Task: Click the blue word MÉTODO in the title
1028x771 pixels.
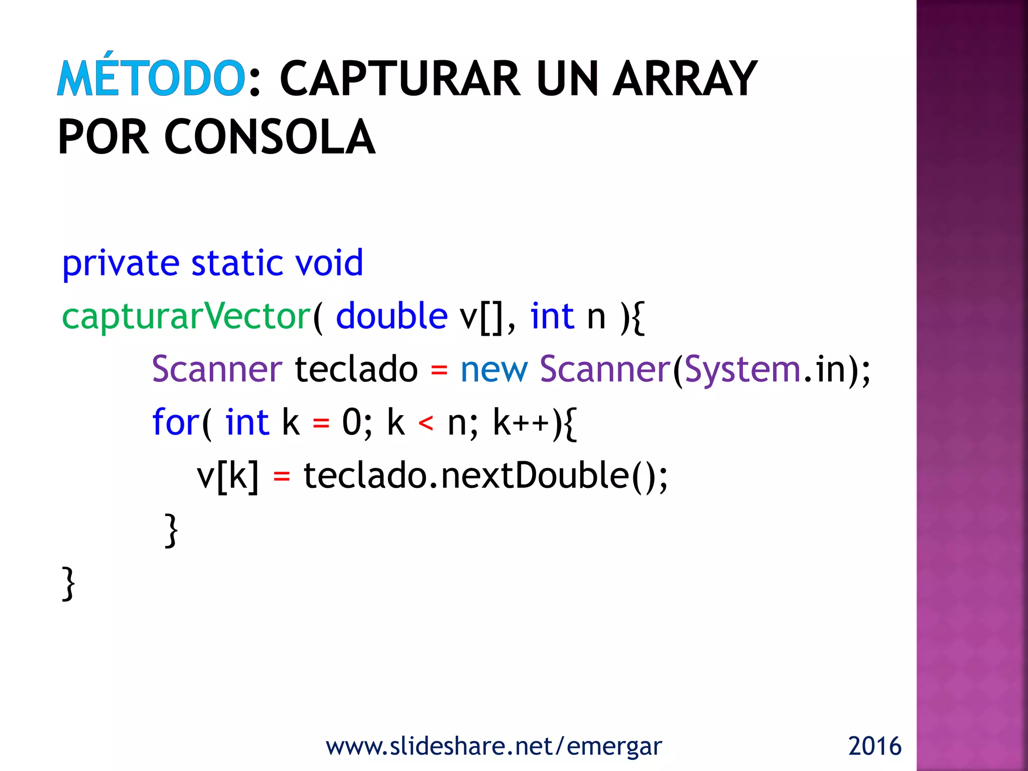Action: pyautogui.click(x=151, y=78)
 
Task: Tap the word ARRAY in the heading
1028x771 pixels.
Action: pyautogui.click(x=685, y=79)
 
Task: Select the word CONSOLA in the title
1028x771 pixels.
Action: pyautogui.click(x=270, y=137)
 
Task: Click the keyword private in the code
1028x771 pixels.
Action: pyautogui.click(x=120, y=264)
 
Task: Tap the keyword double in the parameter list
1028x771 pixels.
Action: pyautogui.click(x=392, y=316)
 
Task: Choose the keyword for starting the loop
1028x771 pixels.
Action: pyautogui.click(x=175, y=422)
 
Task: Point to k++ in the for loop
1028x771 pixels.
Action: pyautogui.click(x=522, y=423)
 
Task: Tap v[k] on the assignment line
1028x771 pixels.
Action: pyautogui.click(x=227, y=476)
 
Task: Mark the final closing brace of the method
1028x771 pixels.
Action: pyautogui.click(x=68, y=583)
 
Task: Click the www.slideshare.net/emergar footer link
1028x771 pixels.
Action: pyautogui.click(x=494, y=746)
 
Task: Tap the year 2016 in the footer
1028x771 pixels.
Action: pyautogui.click(x=874, y=746)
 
